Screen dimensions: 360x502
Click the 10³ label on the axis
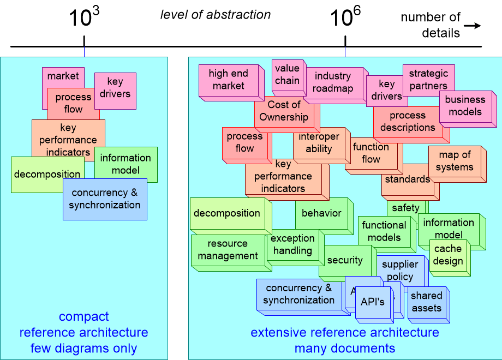pos(83,17)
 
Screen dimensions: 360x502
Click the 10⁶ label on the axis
pos(345,17)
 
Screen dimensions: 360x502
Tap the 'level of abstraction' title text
pos(216,15)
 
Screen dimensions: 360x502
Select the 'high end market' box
pos(228,80)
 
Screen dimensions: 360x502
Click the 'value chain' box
pos(286,74)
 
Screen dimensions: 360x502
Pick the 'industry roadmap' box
pos(332,82)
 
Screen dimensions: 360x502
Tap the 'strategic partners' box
pos(428,80)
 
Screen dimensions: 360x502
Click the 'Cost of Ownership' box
pos(284,111)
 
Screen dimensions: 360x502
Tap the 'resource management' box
pos(228,250)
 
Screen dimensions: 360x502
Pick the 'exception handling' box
pos(292,245)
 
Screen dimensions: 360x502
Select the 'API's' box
pos(373,302)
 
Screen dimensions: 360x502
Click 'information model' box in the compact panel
pos(125,164)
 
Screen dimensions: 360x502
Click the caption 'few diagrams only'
pos(83,348)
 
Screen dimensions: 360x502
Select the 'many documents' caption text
pos(344,348)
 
